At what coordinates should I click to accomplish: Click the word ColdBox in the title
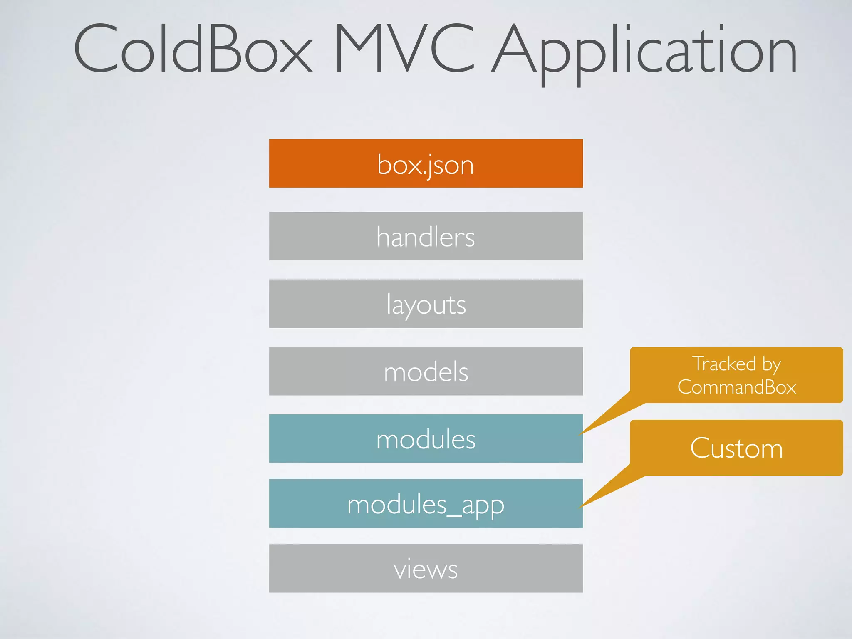(192, 49)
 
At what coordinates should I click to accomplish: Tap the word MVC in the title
(404, 49)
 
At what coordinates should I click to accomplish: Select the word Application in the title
(644, 52)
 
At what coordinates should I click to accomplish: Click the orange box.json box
(426, 163)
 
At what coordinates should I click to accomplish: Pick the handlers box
(426, 236)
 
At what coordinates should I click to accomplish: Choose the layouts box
(426, 304)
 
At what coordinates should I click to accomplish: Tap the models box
(426, 371)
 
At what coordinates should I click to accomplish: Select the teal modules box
(426, 438)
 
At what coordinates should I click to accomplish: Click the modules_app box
(426, 503)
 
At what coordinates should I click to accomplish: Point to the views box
(426, 568)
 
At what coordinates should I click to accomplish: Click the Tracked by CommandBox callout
(736, 374)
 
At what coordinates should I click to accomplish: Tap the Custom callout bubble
(736, 448)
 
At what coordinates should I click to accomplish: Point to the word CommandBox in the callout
(737, 387)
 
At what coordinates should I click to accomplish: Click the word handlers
(426, 237)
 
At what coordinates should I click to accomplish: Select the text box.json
(426, 165)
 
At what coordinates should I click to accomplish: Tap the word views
(426, 570)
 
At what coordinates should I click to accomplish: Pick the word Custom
(736, 448)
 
